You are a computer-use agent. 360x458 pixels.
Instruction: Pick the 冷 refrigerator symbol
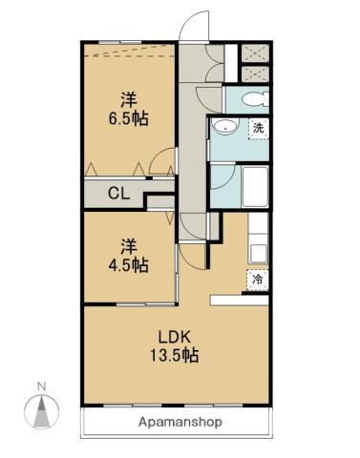point(258,280)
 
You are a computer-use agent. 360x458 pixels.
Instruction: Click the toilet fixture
point(253,100)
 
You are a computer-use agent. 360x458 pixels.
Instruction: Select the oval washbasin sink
point(226,127)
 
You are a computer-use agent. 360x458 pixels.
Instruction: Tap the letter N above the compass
point(41,386)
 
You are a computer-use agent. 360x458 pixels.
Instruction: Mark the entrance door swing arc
point(194,23)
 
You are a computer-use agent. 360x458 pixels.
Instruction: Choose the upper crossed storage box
point(256,54)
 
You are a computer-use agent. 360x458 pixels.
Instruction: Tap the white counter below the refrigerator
point(241,300)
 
